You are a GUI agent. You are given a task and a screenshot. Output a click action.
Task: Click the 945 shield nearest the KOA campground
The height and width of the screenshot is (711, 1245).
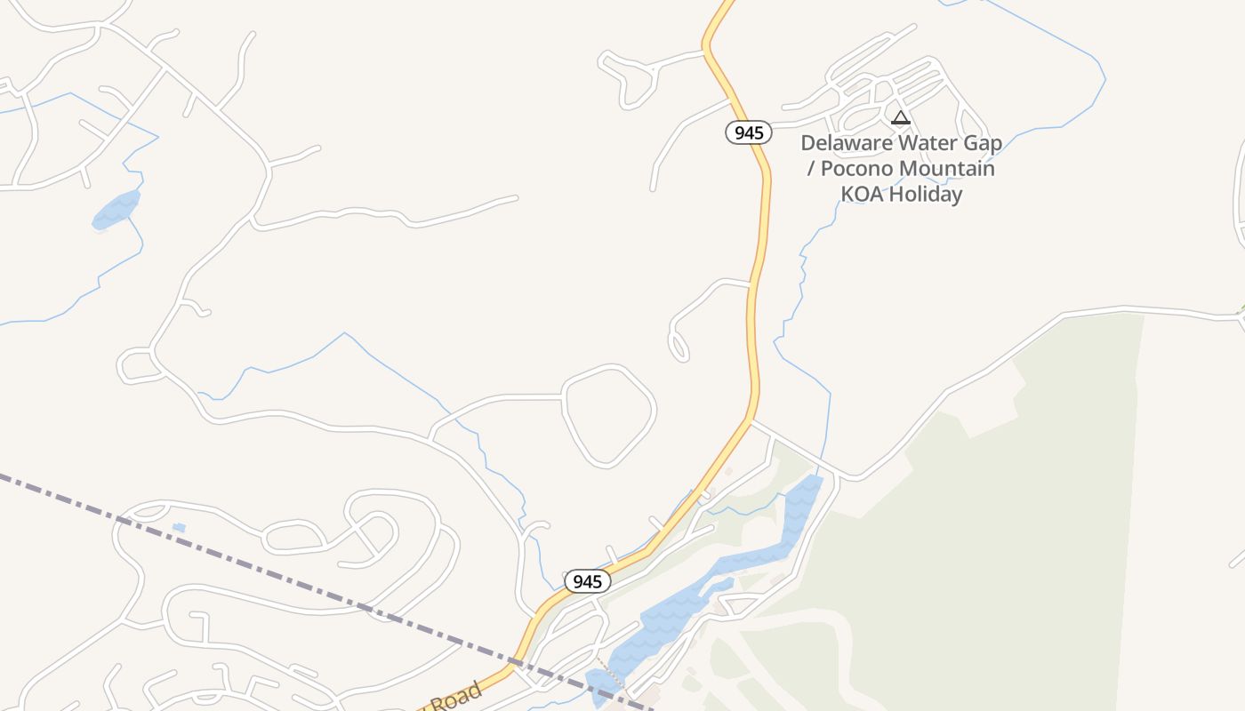(x=748, y=133)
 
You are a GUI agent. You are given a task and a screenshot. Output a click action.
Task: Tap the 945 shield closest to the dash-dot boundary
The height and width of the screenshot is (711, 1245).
(x=588, y=582)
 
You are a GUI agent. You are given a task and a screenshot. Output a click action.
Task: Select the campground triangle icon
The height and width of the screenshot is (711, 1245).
(x=901, y=117)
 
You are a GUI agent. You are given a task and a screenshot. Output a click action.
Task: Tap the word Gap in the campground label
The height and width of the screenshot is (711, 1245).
(x=981, y=144)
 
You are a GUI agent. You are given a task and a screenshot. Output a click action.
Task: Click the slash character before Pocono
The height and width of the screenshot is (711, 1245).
(x=809, y=169)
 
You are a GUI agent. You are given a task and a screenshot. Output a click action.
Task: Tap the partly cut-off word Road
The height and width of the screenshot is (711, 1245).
(x=458, y=696)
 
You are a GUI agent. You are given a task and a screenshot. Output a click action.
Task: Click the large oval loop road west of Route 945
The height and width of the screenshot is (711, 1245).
(x=610, y=415)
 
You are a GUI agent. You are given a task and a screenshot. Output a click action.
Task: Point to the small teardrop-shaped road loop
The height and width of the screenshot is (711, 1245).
(x=679, y=347)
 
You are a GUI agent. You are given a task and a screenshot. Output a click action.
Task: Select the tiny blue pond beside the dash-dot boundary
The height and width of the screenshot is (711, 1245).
(x=179, y=528)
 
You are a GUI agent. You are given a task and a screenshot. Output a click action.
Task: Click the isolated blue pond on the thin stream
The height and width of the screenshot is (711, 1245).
(x=116, y=211)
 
